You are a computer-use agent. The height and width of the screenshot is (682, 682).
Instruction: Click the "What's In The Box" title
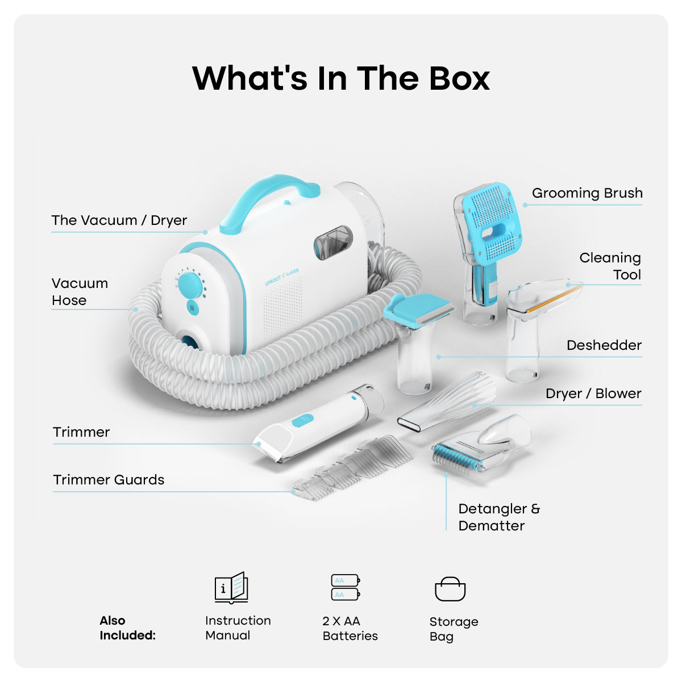(341, 78)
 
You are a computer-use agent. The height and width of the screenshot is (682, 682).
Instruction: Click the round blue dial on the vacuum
(190, 285)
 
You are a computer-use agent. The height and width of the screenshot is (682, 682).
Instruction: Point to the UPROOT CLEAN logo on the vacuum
(282, 277)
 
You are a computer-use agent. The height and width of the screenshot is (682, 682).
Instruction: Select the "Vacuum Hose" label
(80, 292)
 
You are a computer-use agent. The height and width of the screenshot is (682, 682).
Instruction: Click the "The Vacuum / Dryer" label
(119, 220)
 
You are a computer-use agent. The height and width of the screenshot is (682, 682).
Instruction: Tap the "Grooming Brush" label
(587, 193)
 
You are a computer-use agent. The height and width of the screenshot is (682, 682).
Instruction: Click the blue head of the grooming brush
(492, 223)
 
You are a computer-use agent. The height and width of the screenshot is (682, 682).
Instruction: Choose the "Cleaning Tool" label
(610, 266)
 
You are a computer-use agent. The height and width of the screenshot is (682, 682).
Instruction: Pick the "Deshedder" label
(604, 345)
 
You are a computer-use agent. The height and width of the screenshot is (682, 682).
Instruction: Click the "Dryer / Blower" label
(593, 394)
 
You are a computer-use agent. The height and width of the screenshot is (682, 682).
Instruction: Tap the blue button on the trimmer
(302, 421)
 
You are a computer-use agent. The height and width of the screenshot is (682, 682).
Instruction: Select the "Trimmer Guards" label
(109, 480)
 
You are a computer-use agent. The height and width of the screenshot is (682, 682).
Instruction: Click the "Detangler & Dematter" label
(499, 517)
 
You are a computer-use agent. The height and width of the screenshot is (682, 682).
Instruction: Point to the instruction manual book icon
(231, 588)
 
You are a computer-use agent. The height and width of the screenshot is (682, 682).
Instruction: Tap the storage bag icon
(450, 589)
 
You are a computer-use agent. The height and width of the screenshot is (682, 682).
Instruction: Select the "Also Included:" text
(127, 628)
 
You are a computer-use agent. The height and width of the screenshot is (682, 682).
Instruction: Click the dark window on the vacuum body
(333, 242)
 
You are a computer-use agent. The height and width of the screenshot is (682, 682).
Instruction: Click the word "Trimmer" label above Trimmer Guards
(81, 432)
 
